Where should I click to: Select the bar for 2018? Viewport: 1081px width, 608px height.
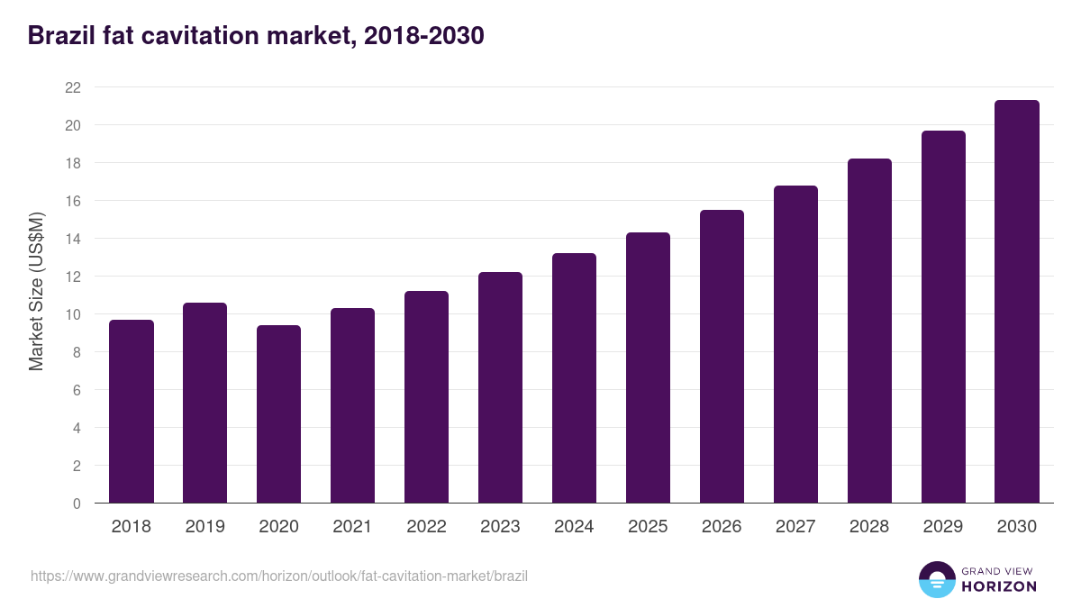[x=132, y=412]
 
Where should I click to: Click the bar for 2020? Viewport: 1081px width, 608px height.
[x=279, y=414]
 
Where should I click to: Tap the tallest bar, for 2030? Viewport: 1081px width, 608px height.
[x=1017, y=302]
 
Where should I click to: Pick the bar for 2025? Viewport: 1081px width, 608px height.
[x=649, y=368]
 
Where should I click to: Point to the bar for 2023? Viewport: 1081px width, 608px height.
[x=501, y=387]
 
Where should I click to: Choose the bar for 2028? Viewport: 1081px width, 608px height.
[x=869, y=331]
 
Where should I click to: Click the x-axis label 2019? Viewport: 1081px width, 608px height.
[x=205, y=527]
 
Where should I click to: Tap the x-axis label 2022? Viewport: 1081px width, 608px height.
[x=427, y=527]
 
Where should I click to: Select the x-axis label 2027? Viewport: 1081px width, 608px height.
[x=795, y=527]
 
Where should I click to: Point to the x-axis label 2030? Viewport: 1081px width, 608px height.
[x=1017, y=527]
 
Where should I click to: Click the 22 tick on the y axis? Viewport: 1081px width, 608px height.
[x=73, y=87]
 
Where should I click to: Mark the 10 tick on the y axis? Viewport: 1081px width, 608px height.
[x=73, y=314]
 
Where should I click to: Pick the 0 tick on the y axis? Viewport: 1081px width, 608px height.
[x=77, y=504]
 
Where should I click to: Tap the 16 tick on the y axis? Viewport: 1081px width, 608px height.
[x=73, y=201]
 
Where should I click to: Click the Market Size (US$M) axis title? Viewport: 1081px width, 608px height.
[x=36, y=291]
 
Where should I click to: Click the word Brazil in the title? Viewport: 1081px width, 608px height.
[x=60, y=36]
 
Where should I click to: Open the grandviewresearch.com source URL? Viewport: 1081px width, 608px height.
[x=279, y=576]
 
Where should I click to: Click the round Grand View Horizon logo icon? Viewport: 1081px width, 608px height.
[x=937, y=579]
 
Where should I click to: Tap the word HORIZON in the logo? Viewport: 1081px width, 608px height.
[x=999, y=586]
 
